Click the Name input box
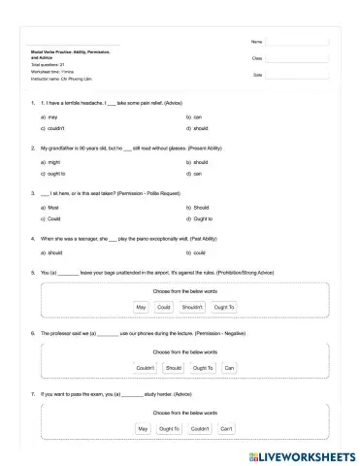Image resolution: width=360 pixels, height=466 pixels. tap(296, 43)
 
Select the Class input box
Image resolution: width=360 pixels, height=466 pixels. tap(296, 58)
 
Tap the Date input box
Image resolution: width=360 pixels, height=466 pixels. tap(296, 75)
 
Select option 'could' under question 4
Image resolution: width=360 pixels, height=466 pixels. tap(200, 252)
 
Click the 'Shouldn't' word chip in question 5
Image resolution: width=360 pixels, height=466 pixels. tap(192, 307)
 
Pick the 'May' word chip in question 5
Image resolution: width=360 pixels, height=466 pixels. tap(142, 307)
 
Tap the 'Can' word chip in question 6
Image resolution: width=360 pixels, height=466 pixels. tap(229, 368)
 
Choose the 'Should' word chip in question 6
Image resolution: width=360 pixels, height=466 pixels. tap(173, 368)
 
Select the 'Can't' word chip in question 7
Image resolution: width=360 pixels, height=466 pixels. tap(226, 428)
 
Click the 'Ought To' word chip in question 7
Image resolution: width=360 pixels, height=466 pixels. tap(170, 428)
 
